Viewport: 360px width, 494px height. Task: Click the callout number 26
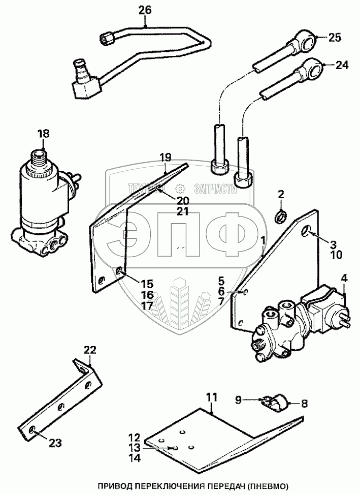145,9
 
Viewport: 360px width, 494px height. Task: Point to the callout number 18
43,134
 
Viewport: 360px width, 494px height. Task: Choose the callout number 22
90,350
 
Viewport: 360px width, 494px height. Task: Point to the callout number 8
304,405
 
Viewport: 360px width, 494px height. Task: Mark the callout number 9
237,399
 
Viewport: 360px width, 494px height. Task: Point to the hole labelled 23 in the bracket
32,430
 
